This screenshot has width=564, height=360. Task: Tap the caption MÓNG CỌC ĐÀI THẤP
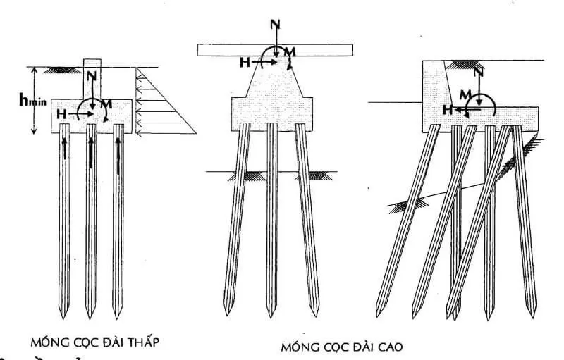[x=96, y=342]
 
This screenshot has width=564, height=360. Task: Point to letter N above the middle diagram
[x=275, y=24]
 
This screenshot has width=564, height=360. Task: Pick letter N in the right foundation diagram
[x=479, y=73]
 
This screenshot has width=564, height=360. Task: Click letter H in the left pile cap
[x=63, y=113]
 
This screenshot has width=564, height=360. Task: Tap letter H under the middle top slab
[x=245, y=62]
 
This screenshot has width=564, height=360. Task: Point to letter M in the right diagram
[x=464, y=94]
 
